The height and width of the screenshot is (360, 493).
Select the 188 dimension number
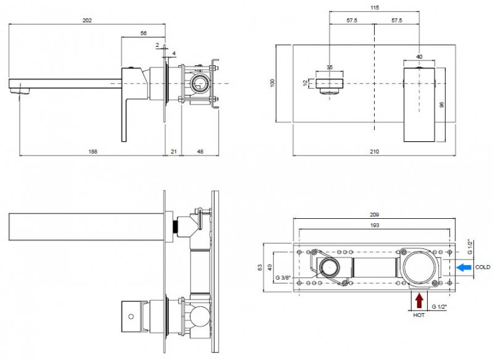(92, 151)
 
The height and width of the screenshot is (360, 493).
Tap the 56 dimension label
(144, 34)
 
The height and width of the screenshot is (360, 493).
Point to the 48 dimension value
(201, 151)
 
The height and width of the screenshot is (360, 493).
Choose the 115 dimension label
(375, 7)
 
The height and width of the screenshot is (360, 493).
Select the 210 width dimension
(375, 151)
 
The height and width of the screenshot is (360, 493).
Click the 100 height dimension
(272, 83)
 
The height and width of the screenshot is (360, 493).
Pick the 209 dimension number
(375, 215)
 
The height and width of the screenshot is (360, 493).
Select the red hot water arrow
(419, 300)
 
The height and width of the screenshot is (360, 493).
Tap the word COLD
(483, 267)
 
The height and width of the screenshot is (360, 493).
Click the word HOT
(419, 314)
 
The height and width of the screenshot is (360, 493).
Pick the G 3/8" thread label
(283, 276)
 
